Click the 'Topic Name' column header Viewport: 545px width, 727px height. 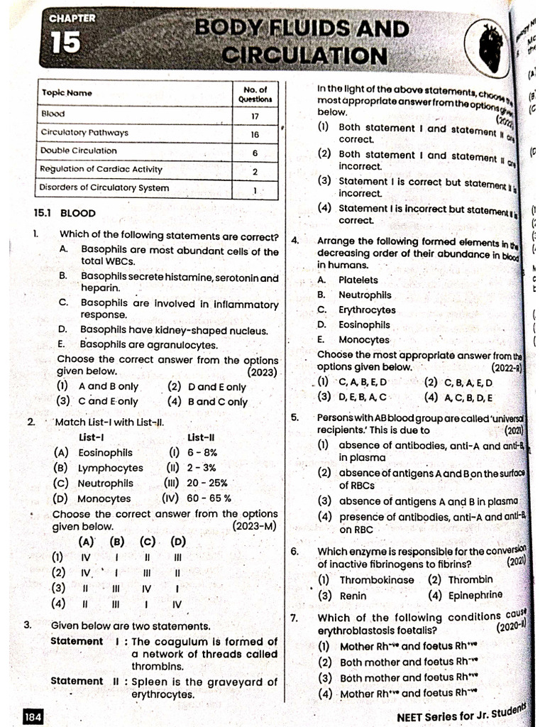coord(67,93)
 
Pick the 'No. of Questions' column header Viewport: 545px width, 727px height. coord(255,94)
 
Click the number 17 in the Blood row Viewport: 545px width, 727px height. coord(255,116)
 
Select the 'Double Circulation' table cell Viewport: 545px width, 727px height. coord(79,151)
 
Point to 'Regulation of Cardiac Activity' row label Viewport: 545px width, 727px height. coord(101,169)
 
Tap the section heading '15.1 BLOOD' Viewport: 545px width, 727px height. coord(65,212)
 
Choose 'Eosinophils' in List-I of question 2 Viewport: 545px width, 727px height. coord(105,452)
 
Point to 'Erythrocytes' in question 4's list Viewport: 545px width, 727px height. coord(367,310)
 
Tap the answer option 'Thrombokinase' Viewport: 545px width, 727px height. coord(376,580)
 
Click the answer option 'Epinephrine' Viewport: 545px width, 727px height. coord(475,595)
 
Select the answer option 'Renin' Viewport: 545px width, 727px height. coord(353,596)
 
